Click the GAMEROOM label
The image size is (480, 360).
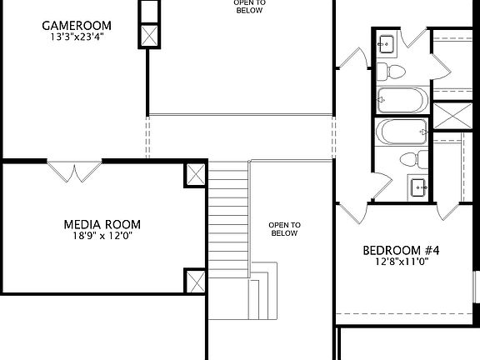[77, 25]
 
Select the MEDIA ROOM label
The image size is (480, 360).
[102, 224]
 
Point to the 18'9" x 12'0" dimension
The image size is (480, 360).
[102, 236]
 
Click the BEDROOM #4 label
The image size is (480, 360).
[401, 249]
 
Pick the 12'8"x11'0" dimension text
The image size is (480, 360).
[400, 261]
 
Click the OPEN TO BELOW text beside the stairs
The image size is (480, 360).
[284, 229]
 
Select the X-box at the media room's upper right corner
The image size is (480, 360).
[194, 174]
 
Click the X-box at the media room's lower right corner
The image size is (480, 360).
[194, 280]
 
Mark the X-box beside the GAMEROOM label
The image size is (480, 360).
[150, 36]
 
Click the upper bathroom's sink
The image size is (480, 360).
[387, 45]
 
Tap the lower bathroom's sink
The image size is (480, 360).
[417, 185]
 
